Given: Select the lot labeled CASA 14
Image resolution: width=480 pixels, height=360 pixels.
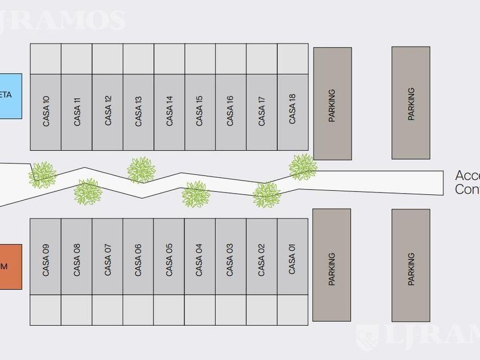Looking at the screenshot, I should click(169, 112).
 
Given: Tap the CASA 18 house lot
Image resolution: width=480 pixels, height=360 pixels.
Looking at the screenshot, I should click(293, 112).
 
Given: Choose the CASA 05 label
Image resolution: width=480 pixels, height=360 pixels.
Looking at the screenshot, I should click(169, 260).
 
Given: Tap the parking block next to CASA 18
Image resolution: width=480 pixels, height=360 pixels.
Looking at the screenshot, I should click(332, 103).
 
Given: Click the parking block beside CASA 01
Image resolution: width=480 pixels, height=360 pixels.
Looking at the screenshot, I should click(332, 265).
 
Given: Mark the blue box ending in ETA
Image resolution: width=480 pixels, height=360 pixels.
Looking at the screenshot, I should click(10, 96).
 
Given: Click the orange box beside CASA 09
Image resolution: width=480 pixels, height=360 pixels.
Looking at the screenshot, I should click(10, 266).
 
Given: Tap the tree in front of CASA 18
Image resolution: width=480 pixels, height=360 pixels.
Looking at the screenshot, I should click(302, 167).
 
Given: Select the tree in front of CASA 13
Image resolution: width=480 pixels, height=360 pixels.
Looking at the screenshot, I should click(141, 170).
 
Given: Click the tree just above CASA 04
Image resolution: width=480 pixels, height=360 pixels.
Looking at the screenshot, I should click(195, 194).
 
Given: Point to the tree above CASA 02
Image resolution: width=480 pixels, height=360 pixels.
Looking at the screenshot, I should click(266, 195).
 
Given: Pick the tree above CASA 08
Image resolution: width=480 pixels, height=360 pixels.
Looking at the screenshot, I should click(88, 192).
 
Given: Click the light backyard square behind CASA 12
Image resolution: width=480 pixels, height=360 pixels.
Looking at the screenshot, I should click(107, 59).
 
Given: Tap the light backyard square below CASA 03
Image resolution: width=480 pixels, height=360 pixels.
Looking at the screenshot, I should click(230, 310).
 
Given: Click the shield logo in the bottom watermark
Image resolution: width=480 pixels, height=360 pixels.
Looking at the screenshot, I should click(366, 337).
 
